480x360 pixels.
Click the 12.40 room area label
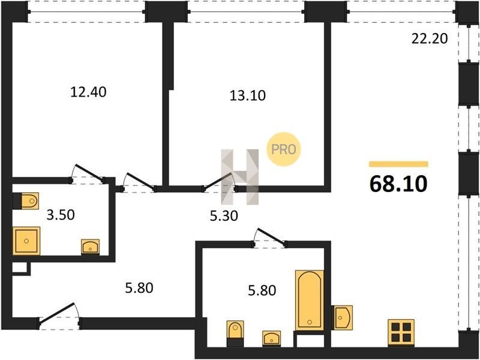[x=88, y=92]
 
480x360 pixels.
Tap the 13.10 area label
[x=248, y=95]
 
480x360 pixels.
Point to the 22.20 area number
[x=430, y=39]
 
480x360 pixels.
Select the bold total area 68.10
[x=398, y=184]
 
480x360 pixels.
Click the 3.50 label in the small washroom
[x=61, y=215]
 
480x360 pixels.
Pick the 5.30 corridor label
[x=224, y=216]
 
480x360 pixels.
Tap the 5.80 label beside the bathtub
[x=262, y=290]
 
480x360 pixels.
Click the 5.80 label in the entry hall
[x=139, y=288]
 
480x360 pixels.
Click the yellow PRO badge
[x=284, y=149]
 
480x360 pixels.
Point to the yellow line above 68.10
[x=398, y=164]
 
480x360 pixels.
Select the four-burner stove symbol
[x=401, y=333]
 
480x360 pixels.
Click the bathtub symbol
[x=310, y=300]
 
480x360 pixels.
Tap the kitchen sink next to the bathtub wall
[x=342, y=317]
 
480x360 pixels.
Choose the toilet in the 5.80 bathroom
[x=235, y=334]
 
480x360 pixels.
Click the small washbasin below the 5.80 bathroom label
[x=272, y=338]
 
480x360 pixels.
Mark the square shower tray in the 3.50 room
[x=26, y=241]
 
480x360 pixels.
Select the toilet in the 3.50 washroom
[x=26, y=201]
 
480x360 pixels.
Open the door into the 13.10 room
[x=220, y=182]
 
